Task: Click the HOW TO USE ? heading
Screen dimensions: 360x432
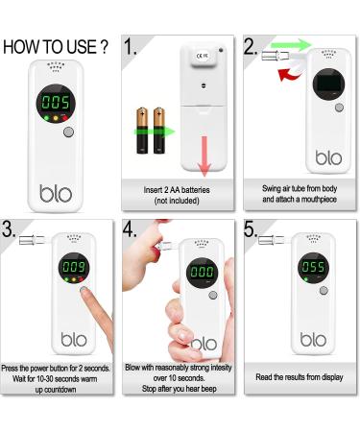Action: point(56,47)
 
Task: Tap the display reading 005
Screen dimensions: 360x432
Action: point(56,104)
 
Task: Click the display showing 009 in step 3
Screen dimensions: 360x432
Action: point(74,268)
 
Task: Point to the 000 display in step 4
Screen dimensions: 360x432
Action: point(202,273)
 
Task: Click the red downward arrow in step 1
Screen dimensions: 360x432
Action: point(204,156)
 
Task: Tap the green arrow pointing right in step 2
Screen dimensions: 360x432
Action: point(291,44)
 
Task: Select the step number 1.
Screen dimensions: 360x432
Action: point(131,47)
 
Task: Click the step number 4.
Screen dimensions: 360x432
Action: point(130,229)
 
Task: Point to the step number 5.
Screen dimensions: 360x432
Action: point(250,229)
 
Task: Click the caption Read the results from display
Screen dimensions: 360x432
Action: point(300,377)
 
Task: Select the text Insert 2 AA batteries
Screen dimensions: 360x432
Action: point(177,190)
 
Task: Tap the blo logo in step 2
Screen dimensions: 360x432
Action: point(328,157)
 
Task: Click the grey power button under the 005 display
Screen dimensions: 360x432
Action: point(68,132)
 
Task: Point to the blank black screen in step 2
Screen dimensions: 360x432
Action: point(328,84)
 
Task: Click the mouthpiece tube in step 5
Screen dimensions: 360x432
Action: point(271,240)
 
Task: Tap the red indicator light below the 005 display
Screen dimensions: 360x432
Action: point(64,118)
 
